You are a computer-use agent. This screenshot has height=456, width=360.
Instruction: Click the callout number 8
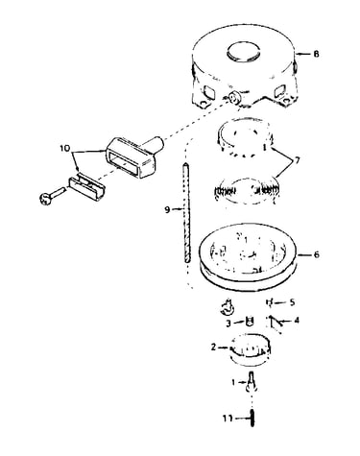point(316,54)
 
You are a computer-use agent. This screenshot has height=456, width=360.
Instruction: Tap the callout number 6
point(316,254)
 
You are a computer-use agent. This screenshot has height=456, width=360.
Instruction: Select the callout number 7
point(297,159)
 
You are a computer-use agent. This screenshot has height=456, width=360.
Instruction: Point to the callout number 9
point(167,210)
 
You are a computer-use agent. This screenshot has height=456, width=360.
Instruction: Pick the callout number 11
point(228,419)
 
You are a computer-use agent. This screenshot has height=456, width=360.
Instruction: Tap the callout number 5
point(292,302)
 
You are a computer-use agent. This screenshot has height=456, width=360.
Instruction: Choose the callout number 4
point(297,320)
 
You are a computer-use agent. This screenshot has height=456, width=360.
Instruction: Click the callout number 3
point(228,324)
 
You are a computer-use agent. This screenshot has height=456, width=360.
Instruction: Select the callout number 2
point(214,347)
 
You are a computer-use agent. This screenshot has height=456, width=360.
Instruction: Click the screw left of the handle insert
point(52,197)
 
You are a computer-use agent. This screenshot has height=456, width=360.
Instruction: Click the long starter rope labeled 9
point(186,213)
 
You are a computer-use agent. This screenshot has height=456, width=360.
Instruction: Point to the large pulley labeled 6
point(249,256)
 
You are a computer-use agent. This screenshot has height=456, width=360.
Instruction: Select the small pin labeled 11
point(252,419)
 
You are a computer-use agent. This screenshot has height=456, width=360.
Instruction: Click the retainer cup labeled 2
point(251,349)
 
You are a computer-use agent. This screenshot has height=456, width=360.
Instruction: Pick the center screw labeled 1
point(252,380)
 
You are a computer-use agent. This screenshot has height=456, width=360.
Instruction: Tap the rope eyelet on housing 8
point(235,98)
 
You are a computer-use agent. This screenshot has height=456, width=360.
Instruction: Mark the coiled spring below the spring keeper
point(245,191)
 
